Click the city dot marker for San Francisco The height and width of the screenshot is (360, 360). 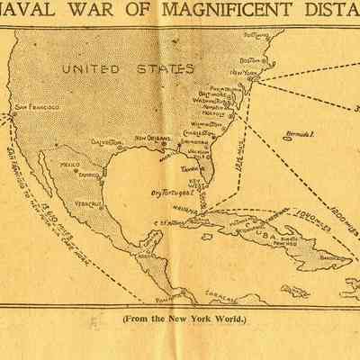click(x=13, y=112)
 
